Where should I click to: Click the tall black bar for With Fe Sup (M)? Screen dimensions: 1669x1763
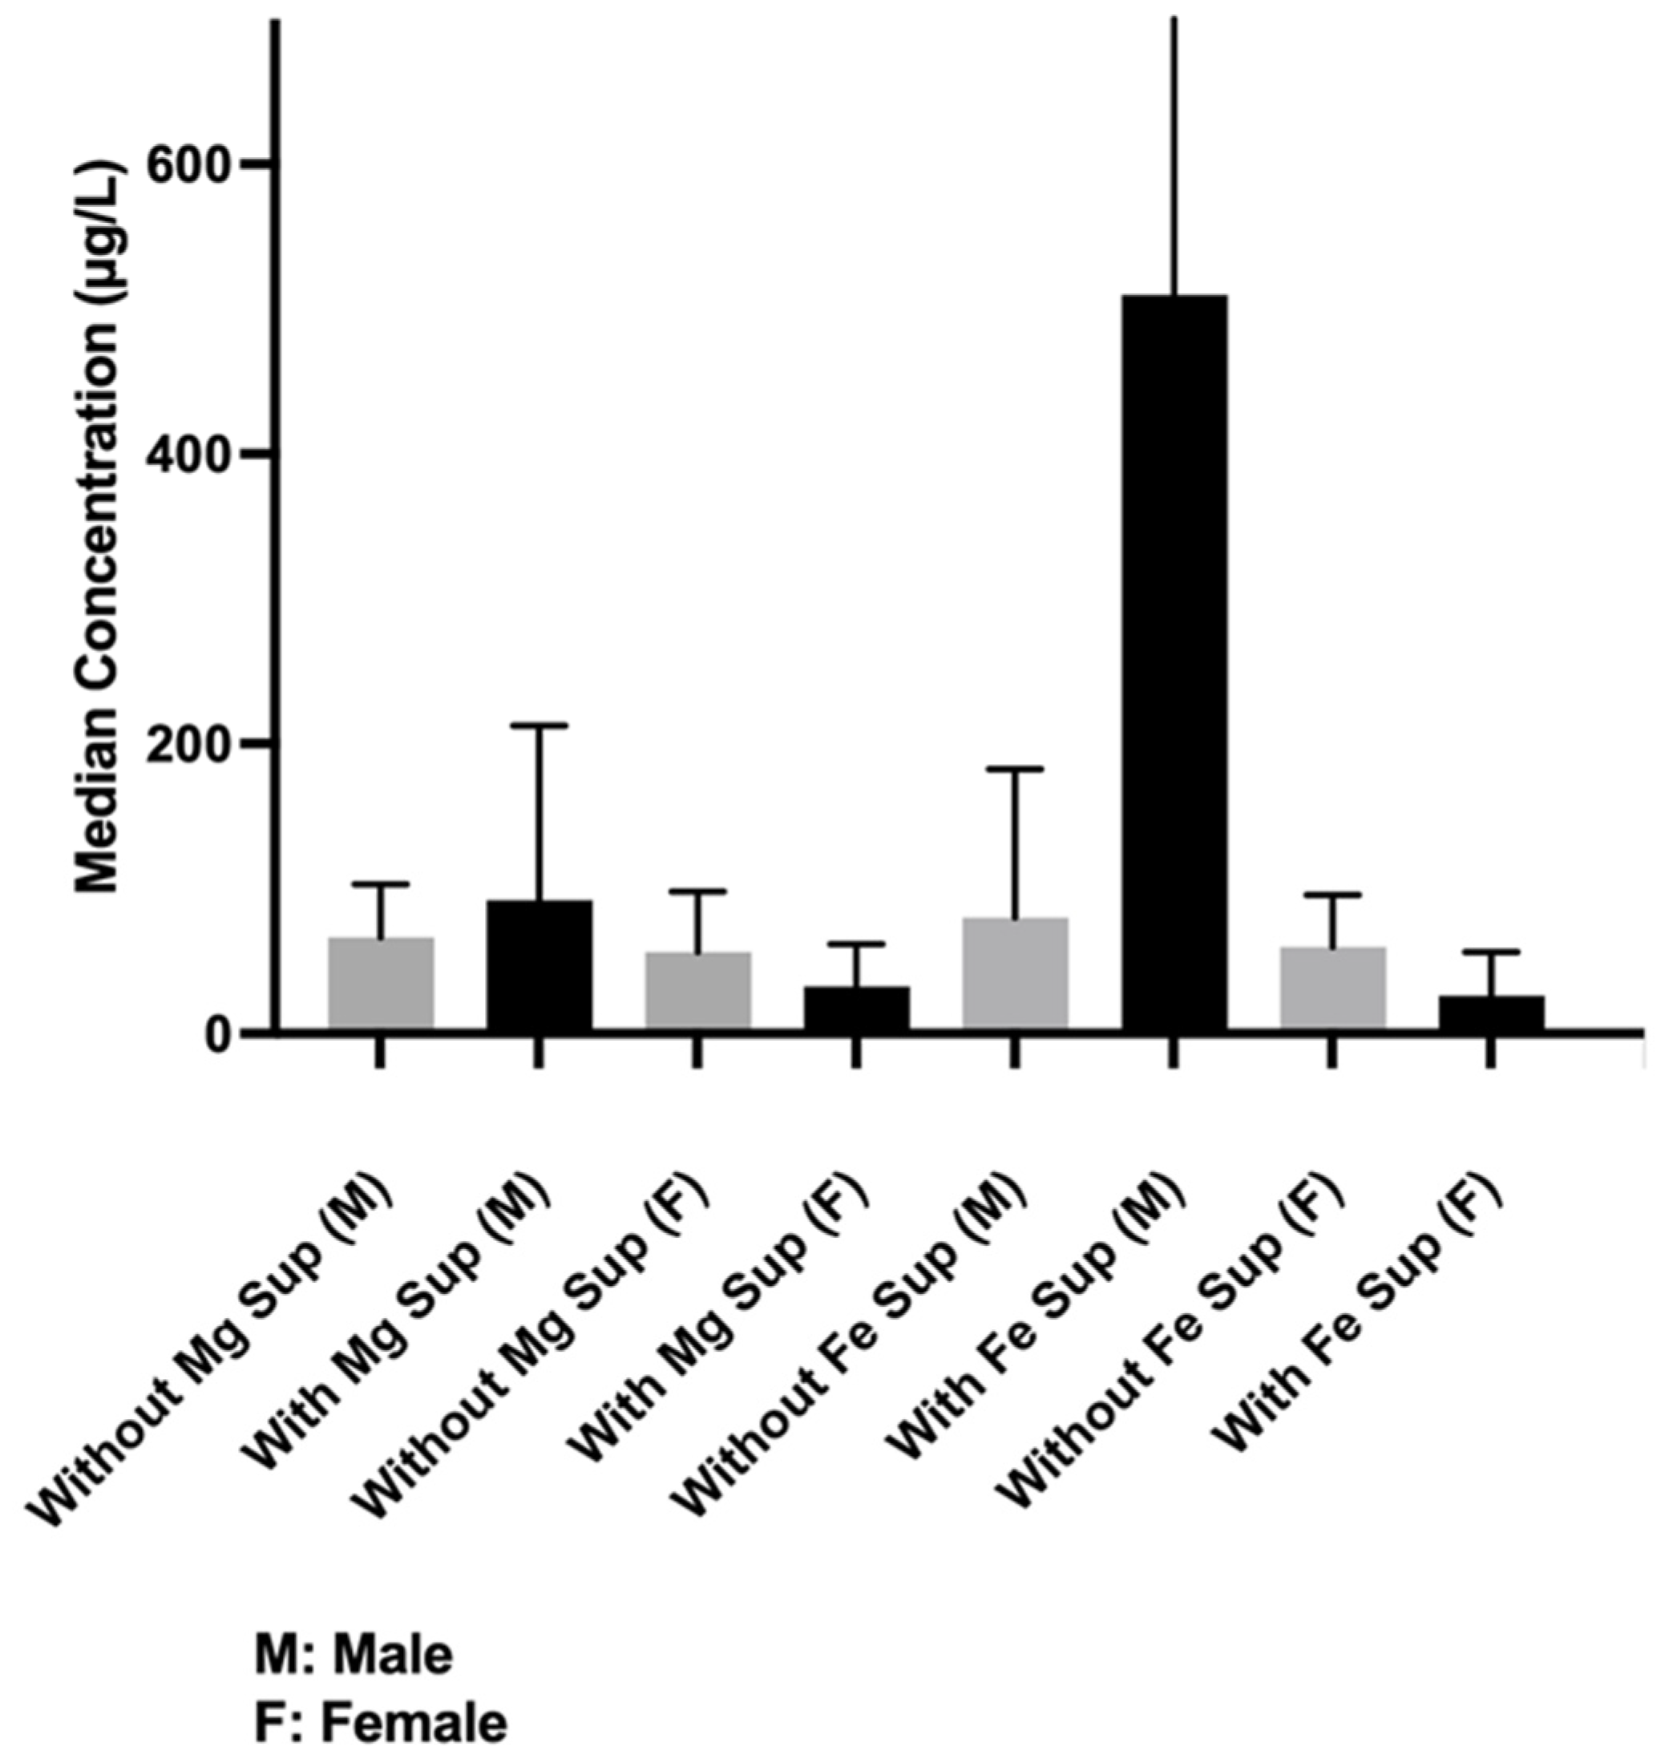tap(1174, 663)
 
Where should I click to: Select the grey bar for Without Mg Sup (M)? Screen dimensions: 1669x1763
tap(381, 985)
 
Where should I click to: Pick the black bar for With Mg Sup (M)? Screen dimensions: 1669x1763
tap(539, 965)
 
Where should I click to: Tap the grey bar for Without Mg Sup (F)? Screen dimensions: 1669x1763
tap(697, 992)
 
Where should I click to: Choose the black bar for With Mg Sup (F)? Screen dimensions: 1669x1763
tap(857, 1009)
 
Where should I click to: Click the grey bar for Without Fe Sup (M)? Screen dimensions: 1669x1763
tap(1015, 974)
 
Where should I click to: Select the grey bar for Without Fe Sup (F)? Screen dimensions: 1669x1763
tap(1332, 989)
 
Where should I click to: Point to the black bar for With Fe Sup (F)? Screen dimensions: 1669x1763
tap(1491, 1013)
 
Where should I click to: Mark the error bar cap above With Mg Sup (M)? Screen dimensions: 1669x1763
tap(539, 726)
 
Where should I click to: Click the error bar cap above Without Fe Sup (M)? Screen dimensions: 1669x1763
tap(1015, 768)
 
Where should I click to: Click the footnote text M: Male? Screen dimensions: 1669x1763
tap(354, 1656)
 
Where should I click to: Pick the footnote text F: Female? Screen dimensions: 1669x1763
tap(381, 1723)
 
